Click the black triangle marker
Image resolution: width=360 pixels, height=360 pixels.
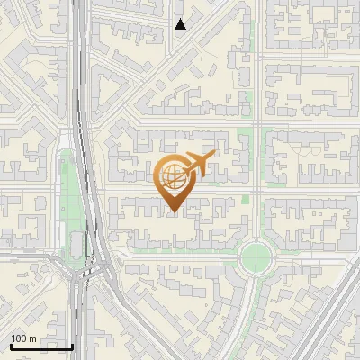(x=181, y=24)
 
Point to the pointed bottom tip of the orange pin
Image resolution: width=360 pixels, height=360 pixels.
(x=173, y=211)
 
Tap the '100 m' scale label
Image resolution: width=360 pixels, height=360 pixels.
(x=23, y=338)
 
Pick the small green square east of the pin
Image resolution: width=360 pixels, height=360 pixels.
(x=245, y=200)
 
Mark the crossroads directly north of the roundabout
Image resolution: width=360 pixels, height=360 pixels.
(x=256, y=192)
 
